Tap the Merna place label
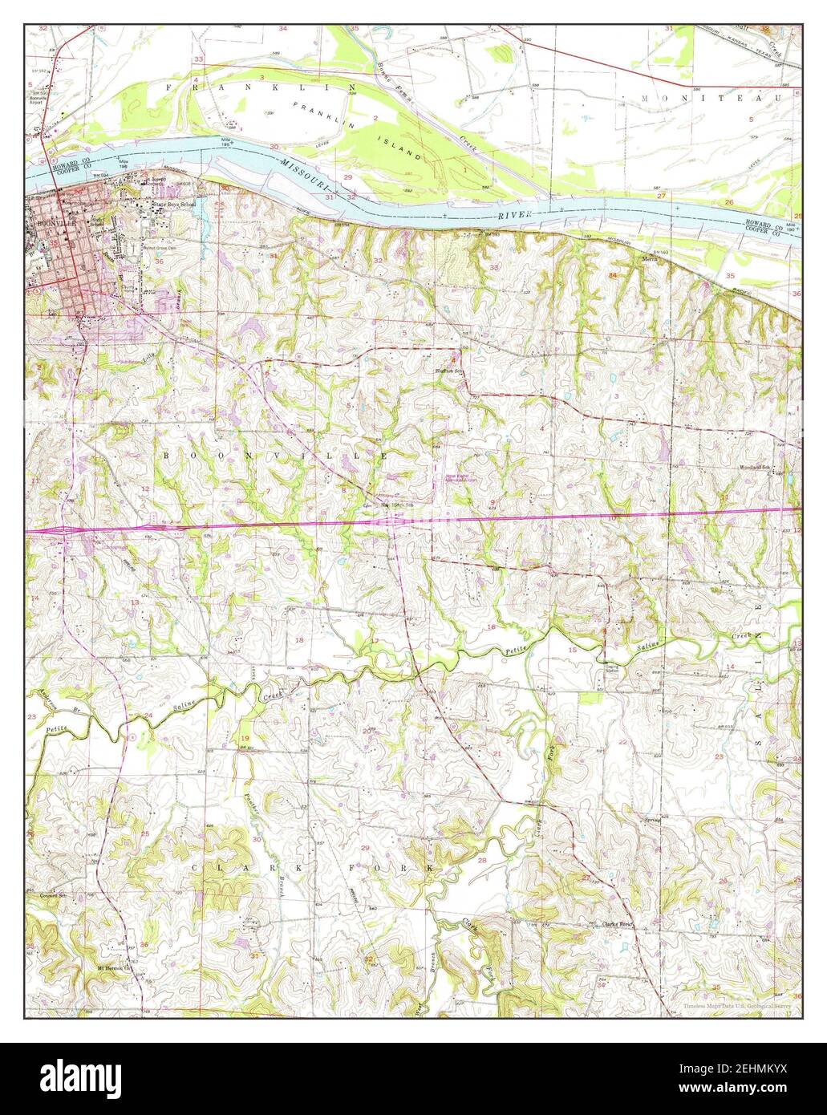click(651, 259)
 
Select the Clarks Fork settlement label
click(618, 924)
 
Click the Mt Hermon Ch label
click(112, 967)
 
